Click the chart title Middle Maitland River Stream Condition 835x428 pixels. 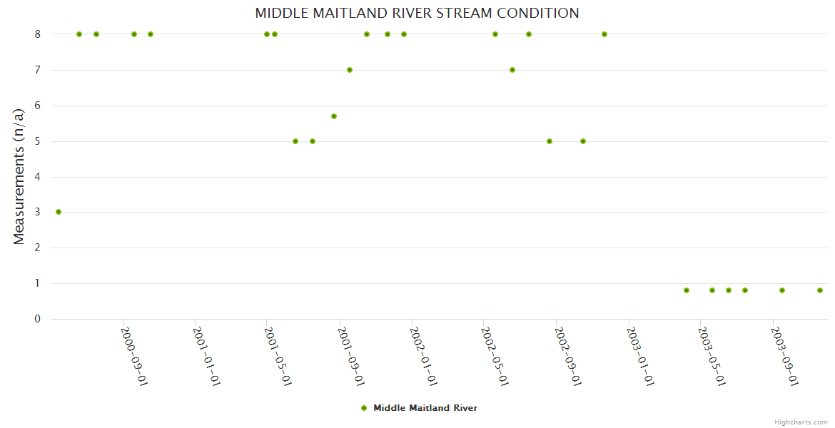417,13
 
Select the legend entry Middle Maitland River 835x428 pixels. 425,408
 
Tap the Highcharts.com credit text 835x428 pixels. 801,422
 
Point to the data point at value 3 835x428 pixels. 59,212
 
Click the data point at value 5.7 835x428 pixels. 334,116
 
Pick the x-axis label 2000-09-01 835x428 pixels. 134,356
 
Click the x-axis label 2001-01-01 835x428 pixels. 206,356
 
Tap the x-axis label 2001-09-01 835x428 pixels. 351,356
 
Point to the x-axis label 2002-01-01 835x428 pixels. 423,356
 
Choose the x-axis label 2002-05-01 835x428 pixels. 495,356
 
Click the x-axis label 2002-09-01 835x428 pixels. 568,356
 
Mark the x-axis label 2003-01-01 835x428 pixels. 640,356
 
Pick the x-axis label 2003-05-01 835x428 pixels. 712,356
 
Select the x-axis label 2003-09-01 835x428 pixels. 784,356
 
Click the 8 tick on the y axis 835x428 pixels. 37,34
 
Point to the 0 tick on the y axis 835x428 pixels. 37,319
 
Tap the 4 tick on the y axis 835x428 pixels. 37,177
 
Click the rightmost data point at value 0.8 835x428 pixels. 820,290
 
